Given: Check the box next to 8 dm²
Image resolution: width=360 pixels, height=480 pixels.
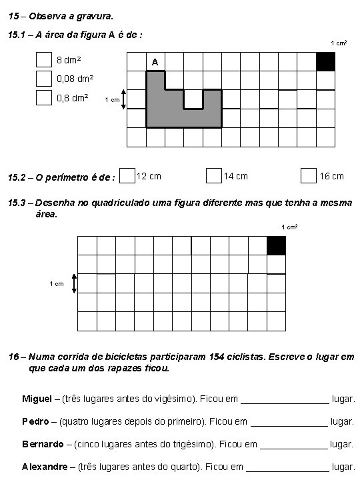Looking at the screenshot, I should pyautogui.click(x=44, y=60).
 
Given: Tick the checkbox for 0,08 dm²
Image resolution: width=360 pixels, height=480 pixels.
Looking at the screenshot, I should pyautogui.click(x=44, y=79).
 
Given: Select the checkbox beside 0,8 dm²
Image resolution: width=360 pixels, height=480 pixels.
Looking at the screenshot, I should pyautogui.click(x=44, y=98).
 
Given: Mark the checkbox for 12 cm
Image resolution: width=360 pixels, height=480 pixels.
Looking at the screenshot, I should pyautogui.click(x=127, y=175).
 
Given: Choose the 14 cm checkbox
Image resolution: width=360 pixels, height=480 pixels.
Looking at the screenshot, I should pyautogui.click(x=213, y=175).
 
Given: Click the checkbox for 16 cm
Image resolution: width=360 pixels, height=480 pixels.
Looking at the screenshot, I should pyautogui.click(x=308, y=175).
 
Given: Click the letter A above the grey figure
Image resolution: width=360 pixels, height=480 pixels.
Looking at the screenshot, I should pyautogui.click(x=155, y=63).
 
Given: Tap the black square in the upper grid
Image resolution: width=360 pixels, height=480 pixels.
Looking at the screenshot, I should pyautogui.click(x=326, y=61).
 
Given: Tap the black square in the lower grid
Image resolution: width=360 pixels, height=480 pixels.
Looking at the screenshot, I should pyautogui.click(x=276, y=245).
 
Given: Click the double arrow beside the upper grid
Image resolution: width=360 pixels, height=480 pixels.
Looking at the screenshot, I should pyautogui.click(x=124, y=100).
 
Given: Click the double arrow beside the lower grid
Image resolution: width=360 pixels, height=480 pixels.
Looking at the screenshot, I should pyautogui.click(x=74, y=284).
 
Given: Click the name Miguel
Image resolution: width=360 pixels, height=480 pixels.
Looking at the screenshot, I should pyautogui.click(x=37, y=399).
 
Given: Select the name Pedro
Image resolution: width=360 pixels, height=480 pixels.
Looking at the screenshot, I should pyautogui.click(x=35, y=421).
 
